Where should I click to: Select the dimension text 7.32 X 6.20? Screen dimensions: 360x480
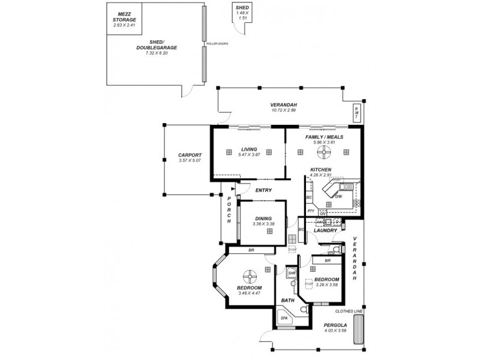(x=158, y=53)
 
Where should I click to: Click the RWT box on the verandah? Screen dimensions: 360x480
(x=356, y=111)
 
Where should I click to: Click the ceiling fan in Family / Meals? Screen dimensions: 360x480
(x=325, y=152)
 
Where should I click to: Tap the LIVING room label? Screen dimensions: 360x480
(x=249, y=149)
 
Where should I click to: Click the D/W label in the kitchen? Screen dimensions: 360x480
(x=338, y=197)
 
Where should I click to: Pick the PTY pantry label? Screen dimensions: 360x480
(x=311, y=211)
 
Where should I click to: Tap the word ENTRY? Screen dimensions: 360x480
(x=263, y=190)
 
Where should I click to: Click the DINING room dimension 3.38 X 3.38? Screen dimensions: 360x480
(x=263, y=224)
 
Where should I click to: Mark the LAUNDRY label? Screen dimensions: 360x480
(x=325, y=230)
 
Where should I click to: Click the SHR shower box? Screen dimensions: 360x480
(x=292, y=273)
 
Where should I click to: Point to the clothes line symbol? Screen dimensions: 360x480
(x=359, y=331)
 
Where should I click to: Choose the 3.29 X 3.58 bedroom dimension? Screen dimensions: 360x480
(x=327, y=285)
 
